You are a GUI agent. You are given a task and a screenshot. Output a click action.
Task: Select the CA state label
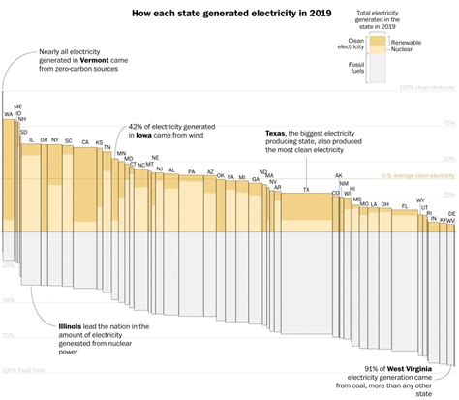pyautogui.click(x=85, y=142)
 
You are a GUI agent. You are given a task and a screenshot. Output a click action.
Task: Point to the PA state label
pyautogui.click(x=192, y=171)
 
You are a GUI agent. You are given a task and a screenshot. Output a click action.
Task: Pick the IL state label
pyautogui.click(x=31, y=140)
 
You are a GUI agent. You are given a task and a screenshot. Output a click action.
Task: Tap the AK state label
pyautogui.click(x=338, y=176)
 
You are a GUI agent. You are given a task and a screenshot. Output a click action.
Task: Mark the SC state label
pyautogui.click(x=69, y=140)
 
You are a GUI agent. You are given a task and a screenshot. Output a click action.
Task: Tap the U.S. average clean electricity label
pyautogui.click(x=417, y=175)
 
